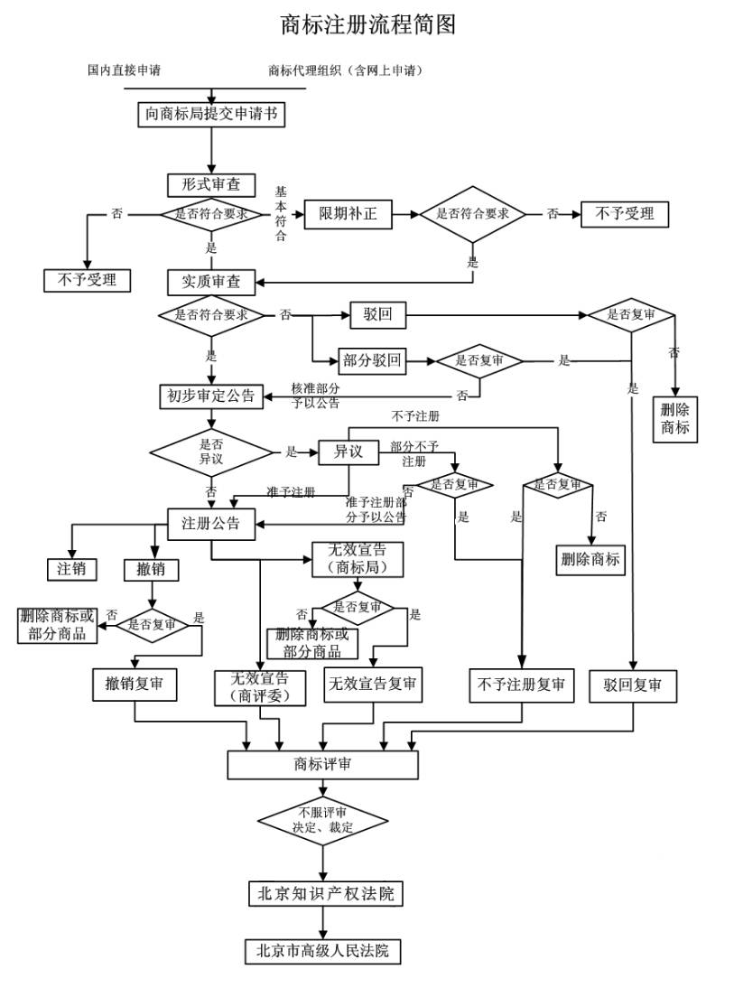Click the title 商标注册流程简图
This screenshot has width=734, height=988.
(x=368, y=24)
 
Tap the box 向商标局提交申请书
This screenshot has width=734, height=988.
(x=211, y=115)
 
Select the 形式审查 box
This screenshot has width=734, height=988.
(x=211, y=184)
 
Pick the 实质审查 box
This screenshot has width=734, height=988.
(x=211, y=282)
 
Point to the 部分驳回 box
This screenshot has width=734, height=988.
(x=371, y=361)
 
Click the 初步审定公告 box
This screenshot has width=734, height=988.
(x=211, y=396)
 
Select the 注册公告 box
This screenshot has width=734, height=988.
(x=211, y=523)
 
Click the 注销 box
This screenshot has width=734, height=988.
(x=71, y=569)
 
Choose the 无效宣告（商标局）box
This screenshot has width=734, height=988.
(x=357, y=559)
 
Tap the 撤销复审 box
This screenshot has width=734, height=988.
(x=135, y=685)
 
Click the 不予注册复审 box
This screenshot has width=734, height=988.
(x=522, y=685)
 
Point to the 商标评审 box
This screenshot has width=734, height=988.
(x=322, y=764)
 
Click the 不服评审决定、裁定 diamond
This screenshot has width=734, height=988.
(x=322, y=819)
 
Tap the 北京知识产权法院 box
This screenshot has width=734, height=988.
(x=324, y=894)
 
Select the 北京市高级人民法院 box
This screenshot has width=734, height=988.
(x=322, y=950)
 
